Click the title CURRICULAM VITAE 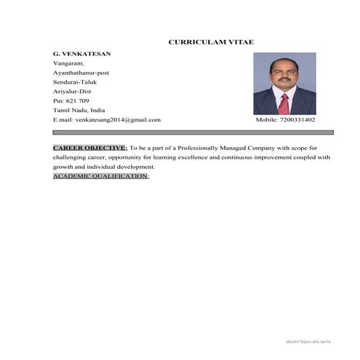[x=211, y=42]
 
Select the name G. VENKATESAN [x=81, y=54]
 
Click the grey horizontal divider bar [x=193, y=132]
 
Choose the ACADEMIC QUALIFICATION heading [x=100, y=176]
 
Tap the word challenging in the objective [x=75, y=157]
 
